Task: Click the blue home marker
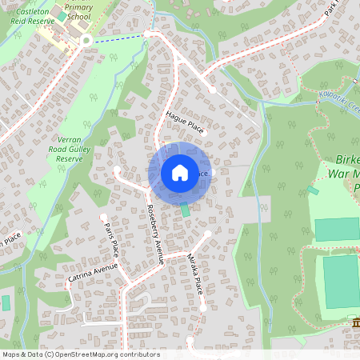179,172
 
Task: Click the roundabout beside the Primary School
86,40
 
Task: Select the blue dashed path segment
120,37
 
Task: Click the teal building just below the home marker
186,210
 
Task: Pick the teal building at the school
62,16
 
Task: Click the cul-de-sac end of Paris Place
102,216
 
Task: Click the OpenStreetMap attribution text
80,354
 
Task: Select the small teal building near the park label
312,190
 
